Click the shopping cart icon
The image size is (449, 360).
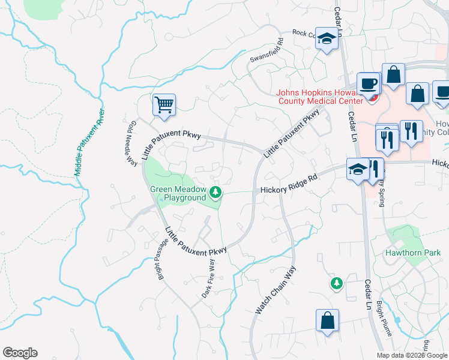[x=164, y=105]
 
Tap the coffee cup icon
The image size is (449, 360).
[x=368, y=83]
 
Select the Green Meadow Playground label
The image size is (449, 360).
[x=177, y=193]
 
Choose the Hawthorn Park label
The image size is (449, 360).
[x=414, y=253]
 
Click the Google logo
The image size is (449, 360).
[x=20, y=353]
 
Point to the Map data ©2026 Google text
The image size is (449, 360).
[x=412, y=355]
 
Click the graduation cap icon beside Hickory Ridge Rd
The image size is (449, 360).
[x=358, y=169]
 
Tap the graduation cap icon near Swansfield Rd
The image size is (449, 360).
[x=326, y=39]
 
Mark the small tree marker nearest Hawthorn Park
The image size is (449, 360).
[x=336, y=282]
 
